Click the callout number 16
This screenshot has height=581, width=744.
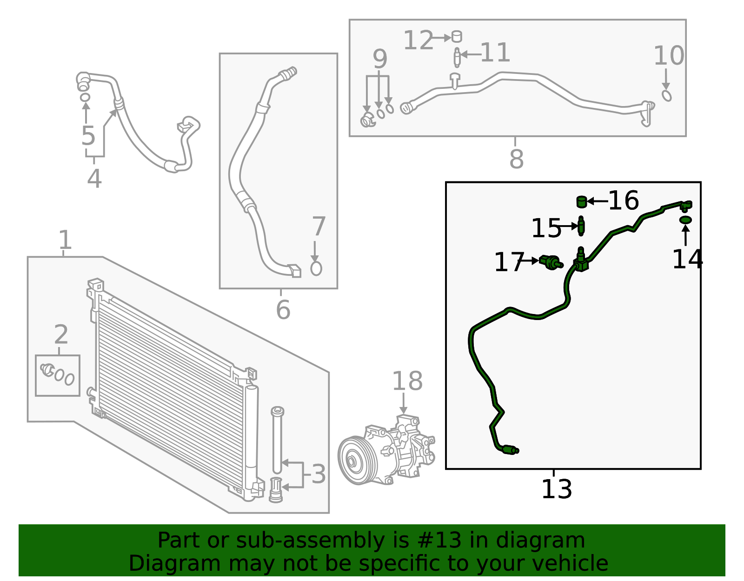(x=623, y=200)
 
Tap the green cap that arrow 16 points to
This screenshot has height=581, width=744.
(x=581, y=201)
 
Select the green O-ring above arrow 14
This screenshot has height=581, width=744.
(x=685, y=220)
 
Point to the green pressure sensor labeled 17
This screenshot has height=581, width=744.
(x=551, y=262)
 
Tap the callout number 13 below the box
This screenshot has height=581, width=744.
(x=556, y=489)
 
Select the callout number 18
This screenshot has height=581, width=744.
(x=407, y=381)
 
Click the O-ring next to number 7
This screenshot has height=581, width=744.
(x=316, y=268)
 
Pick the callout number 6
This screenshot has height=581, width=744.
(x=283, y=310)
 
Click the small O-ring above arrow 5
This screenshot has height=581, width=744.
(x=85, y=97)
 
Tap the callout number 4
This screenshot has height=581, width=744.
(x=94, y=179)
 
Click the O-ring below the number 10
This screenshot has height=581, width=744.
(x=666, y=95)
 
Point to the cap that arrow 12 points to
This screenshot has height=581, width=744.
(x=457, y=36)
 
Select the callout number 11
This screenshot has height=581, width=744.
(x=495, y=53)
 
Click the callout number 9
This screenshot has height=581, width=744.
(x=380, y=59)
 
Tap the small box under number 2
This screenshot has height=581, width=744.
(x=58, y=375)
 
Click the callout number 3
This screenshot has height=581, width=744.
(x=319, y=474)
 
